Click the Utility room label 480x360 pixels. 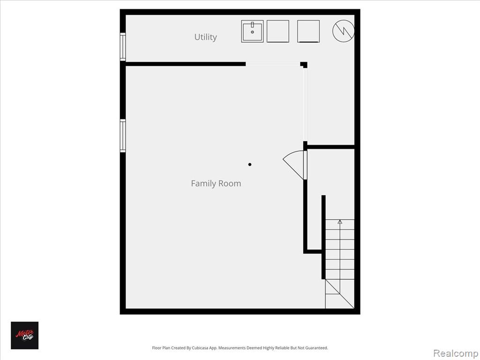click(x=205, y=37)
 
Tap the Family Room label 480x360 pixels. click(x=216, y=183)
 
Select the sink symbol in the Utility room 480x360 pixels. click(x=252, y=31)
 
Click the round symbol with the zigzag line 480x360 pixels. click(x=343, y=31)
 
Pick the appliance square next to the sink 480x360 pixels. click(x=277, y=31)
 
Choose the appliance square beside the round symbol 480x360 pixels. click(x=308, y=31)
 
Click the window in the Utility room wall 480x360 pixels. click(x=123, y=47)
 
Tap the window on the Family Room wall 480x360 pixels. click(x=123, y=135)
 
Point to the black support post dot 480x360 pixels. click(x=250, y=165)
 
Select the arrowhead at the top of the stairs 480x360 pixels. click(x=340, y=222)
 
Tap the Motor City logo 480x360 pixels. click(x=25, y=335)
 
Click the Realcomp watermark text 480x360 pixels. click(x=455, y=352)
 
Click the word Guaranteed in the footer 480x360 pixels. click(x=316, y=348)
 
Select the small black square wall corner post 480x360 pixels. click(x=304, y=65)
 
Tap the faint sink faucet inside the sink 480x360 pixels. click(x=252, y=26)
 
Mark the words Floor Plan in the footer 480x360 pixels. click(x=160, y=348)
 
